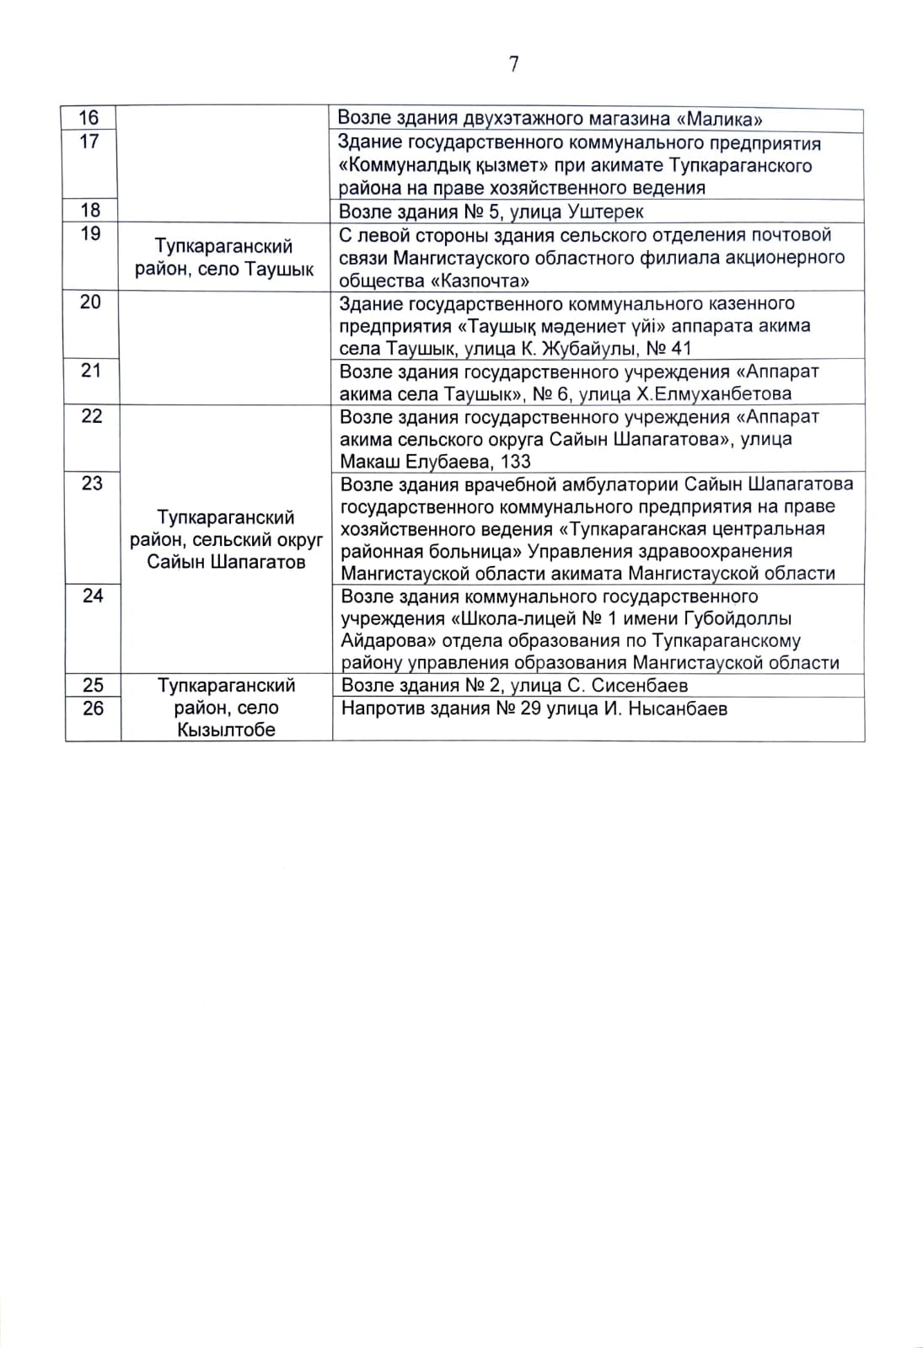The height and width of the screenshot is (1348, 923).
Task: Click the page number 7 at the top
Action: tap(513, 65)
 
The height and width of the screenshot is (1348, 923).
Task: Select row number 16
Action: tap(89, 119)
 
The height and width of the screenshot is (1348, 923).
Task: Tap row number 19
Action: tap(90, 234)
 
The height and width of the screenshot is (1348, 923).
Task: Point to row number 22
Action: tap(91, 416)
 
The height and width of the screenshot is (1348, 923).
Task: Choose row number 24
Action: tap(92, 596)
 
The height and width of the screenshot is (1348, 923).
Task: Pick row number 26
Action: tap(93, 709)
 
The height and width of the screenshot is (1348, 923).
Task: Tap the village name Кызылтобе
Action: tap(226, 730)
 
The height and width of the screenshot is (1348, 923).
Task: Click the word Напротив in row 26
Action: tap(382, 709)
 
